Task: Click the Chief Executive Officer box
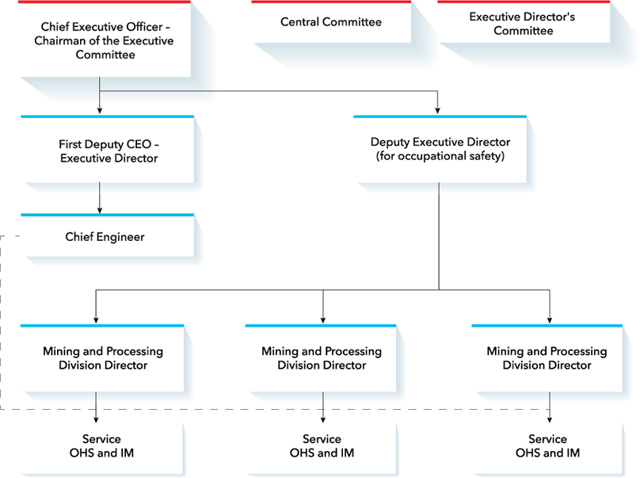tap(104, 39)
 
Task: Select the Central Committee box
tap(331, 22)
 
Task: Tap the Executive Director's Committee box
tap(524, 22)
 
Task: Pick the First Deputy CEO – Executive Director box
tap(108, 150)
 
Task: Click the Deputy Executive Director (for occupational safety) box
tap(440, 150)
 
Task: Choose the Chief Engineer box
tap(108, 235)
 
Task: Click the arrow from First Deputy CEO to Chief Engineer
tap(100, 198)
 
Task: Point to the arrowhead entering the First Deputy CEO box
tap(100, 111)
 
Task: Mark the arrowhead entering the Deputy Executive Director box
tap(437, 111)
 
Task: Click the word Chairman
tap(57, 41)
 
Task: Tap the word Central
tap(299, 21)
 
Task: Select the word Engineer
tap(120, 237)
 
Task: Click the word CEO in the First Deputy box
tap(139, 144)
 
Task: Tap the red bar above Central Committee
tap(331, 2)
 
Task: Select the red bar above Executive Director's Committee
tap(524, 2)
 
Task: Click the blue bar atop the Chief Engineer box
tap(108, 215)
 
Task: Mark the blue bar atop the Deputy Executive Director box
tap(440, 117)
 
